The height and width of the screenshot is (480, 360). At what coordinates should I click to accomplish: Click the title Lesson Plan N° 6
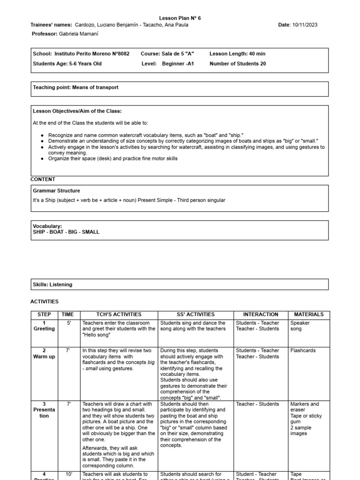point(180,18)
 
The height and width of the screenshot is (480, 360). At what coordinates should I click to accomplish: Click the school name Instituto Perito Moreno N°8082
point(92,54)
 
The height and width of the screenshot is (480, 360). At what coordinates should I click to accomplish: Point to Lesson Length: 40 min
point(237,54)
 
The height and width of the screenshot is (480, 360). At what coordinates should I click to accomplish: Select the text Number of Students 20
point(238,64)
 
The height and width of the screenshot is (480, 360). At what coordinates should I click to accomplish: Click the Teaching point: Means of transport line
point(75,87)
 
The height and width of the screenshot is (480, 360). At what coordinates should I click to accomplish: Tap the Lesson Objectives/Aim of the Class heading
point(77,111)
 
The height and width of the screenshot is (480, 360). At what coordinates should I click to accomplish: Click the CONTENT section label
point(43,180)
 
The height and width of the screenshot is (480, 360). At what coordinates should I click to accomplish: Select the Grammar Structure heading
point(56,191)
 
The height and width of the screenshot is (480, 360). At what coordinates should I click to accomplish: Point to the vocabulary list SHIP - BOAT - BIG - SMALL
point(66,232)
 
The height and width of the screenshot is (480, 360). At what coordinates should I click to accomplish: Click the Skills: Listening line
point(52,285)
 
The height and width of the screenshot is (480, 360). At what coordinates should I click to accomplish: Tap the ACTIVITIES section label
point(45,302)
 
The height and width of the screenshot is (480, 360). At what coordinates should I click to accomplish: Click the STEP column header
point(44,315)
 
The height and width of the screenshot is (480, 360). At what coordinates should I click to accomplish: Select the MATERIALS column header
point(308,315)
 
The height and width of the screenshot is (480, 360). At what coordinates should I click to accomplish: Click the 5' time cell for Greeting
point(69,323)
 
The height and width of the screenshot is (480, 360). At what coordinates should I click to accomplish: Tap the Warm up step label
point(44,357)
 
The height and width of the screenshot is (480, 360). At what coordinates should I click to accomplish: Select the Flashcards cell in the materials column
point(303,350)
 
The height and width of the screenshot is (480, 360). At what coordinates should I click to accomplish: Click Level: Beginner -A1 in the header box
point(167,64)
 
